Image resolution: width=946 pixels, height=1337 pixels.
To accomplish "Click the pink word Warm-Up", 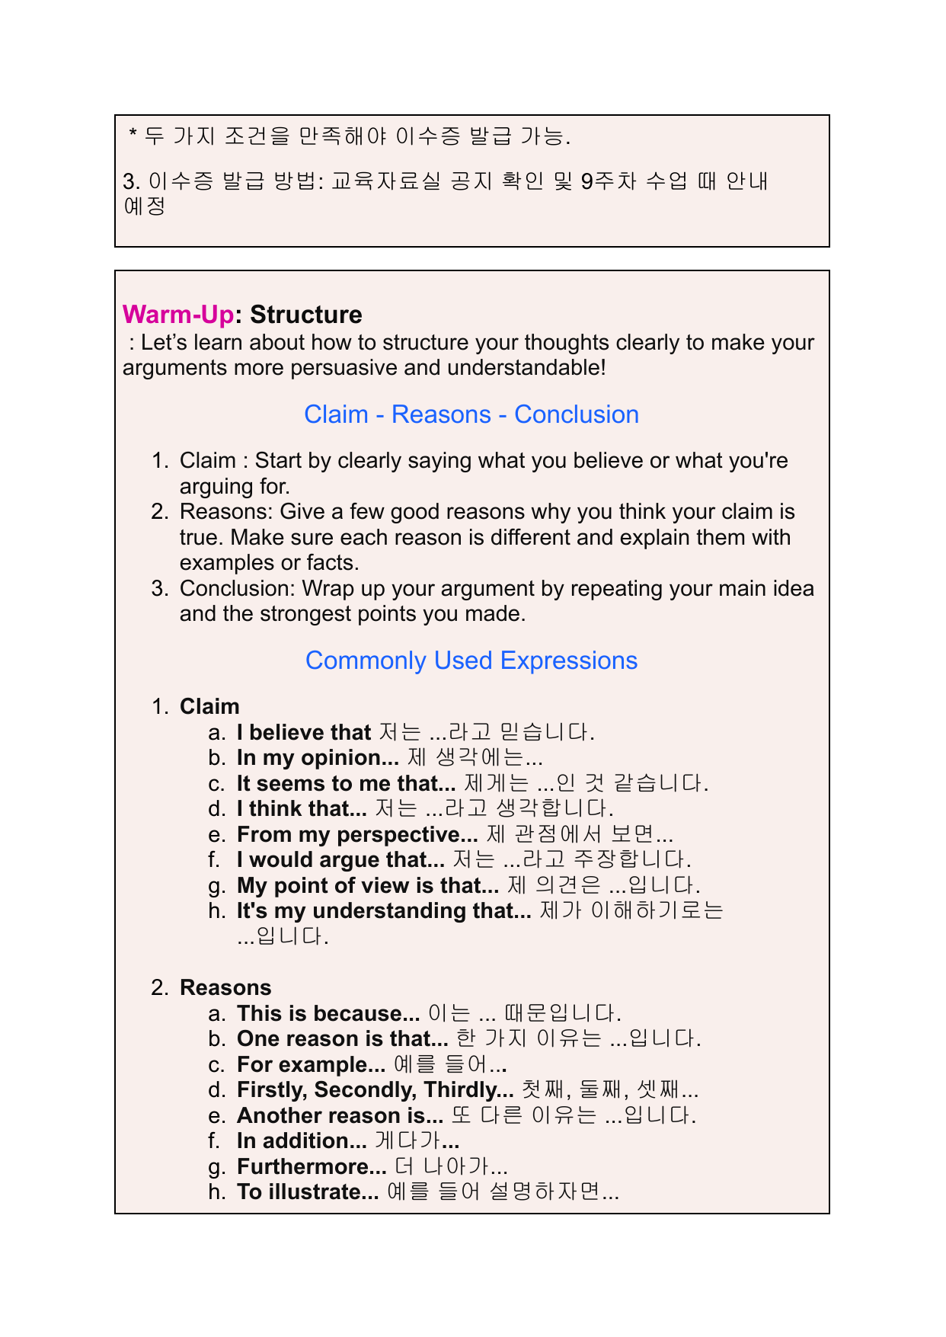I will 177,315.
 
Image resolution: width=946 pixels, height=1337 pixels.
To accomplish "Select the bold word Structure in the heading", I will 305,315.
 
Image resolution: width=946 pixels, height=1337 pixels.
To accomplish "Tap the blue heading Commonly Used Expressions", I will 471,661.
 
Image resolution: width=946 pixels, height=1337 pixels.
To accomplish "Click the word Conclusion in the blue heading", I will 577,414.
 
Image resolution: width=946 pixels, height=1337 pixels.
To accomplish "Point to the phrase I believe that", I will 303,733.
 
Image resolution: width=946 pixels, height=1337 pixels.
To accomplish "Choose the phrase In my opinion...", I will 317,758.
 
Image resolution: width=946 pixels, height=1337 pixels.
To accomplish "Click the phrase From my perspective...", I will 356,835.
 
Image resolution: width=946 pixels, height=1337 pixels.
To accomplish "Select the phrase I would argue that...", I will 340,860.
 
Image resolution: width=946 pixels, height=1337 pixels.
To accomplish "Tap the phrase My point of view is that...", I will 367,886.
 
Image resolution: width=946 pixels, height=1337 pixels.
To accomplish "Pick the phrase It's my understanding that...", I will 383,911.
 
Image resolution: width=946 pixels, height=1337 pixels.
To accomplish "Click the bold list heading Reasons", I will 225,988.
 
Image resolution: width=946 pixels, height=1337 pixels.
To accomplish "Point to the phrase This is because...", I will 328,1014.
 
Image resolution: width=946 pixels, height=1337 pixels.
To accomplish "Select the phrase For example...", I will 311,1065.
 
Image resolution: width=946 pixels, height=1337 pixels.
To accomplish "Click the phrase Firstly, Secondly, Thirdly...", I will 375,1090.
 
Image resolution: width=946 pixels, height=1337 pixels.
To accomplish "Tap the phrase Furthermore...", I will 312,1167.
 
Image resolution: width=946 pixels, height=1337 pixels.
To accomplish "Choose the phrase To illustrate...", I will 307,1192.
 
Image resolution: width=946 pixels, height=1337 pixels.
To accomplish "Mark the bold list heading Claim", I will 209,707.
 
